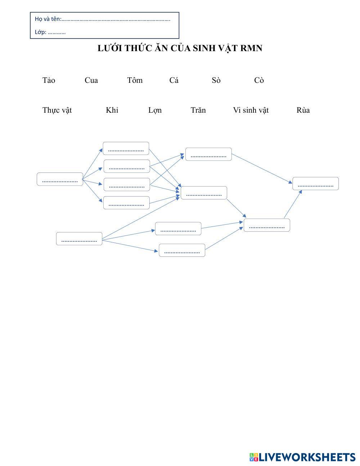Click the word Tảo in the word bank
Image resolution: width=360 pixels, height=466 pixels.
pos(49,80)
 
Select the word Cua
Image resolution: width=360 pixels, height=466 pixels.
pos(91,80)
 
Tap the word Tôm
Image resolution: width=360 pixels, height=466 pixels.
pos(135,80)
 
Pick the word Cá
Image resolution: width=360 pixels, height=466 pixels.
pos(174,80)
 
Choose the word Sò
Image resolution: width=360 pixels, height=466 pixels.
pos(216,80)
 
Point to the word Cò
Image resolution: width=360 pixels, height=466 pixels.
pos(259,80)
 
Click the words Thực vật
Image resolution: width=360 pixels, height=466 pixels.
pos(57,110)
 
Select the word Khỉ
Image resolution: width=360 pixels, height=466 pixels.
pos(112,110)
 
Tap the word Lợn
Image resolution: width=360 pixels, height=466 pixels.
pos(155,110)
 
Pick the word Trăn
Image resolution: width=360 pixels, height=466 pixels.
pos(198,110)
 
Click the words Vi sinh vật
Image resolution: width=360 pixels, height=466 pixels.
pos(251,110)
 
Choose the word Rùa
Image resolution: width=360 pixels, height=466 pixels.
pos(303,110)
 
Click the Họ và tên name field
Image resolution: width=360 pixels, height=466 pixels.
pos(115,19)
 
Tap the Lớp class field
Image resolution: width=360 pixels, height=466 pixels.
pos(57,32)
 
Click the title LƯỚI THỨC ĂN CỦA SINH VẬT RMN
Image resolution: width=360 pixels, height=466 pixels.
pos(180,48)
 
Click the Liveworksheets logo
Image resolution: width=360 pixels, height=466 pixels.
pos(302,457)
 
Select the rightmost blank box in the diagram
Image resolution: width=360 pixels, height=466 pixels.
pos(315,184)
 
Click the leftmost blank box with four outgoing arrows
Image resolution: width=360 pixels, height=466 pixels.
pos(60,179)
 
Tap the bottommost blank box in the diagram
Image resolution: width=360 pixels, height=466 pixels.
pos(182,250)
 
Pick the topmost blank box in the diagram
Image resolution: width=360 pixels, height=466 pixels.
pos(126,148)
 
